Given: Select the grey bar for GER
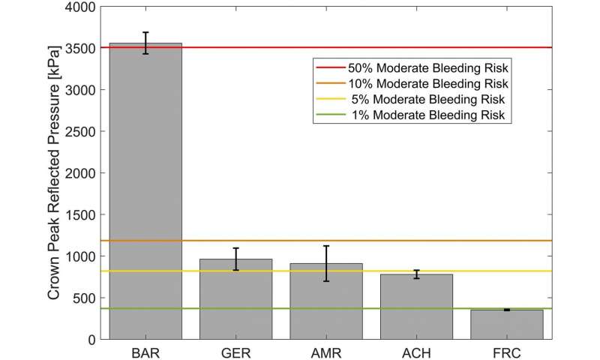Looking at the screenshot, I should click(235, 299).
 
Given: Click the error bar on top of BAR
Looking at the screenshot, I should click(145, 43).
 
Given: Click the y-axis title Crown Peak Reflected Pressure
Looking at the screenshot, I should click(55, 172).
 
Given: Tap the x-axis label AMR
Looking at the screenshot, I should click(326, 351).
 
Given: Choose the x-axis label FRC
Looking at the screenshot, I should click(506, 351).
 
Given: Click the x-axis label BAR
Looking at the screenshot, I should click(145, 351).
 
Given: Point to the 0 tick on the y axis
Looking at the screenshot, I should click(91, 339).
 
